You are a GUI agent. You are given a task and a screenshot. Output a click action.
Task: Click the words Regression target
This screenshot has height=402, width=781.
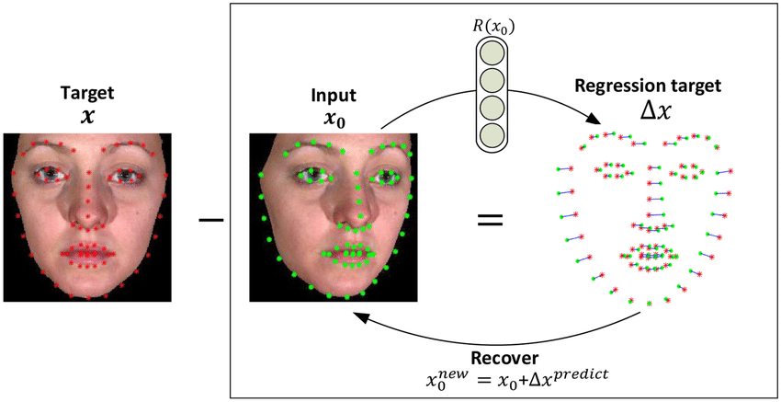click(648, 86)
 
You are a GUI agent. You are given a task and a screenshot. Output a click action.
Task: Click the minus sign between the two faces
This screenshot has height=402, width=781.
click(211, 219)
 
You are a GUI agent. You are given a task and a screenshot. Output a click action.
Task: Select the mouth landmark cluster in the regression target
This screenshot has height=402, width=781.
click(650, 255)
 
